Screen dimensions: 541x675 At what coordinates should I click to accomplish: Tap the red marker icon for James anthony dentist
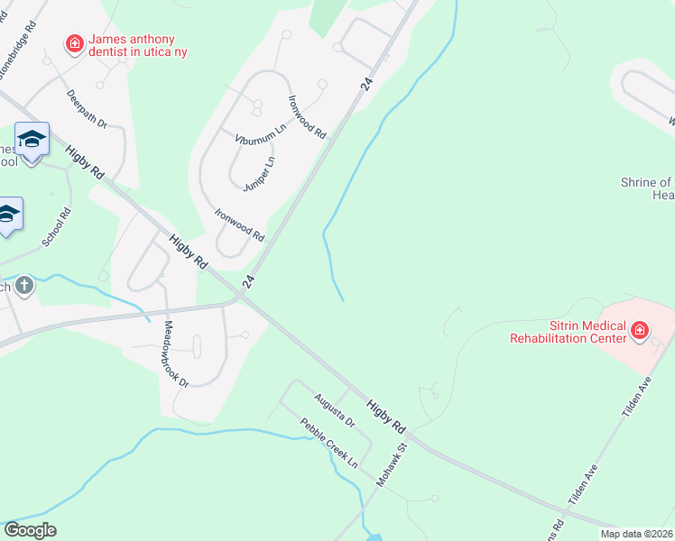74,42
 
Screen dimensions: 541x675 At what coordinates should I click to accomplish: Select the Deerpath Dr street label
87,109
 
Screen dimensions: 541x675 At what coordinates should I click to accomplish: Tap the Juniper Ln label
259,174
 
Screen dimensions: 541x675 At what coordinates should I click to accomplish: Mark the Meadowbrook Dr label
177,353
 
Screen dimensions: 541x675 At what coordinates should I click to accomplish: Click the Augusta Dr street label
336,409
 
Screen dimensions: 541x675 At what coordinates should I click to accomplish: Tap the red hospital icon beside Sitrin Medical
640,331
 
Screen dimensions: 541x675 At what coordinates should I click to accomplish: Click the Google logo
30,530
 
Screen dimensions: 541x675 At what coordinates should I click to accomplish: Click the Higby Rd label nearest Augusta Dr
388,413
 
